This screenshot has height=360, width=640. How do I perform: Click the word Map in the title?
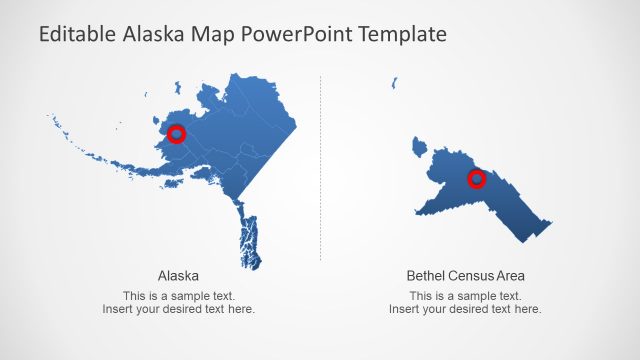click(223, 34)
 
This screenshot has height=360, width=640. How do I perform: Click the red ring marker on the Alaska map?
click(177, 134)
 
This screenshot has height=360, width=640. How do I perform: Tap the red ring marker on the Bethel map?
click(477, 179)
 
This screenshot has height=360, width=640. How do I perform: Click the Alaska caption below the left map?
click(178, 275)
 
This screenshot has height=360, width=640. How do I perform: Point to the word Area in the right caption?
click(512, 275)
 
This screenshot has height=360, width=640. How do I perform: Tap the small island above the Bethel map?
click(395, 83)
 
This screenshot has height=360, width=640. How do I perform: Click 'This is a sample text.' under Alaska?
click(178, 296)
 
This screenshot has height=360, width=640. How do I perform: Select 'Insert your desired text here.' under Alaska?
click(178, 309)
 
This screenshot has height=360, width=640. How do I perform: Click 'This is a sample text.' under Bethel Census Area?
click(465, 296)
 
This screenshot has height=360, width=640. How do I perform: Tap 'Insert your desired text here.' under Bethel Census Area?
click(465, 309)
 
